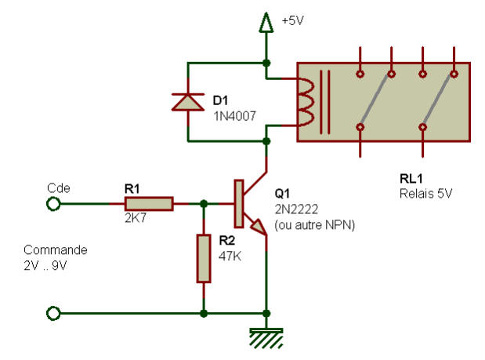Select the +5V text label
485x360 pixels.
click(292, 20)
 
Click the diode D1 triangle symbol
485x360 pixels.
click(188, 102)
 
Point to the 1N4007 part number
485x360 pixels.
click(235, 116)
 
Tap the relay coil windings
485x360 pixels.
click(306, 102)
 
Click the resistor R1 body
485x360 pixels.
click(149, 204)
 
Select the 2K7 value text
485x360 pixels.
click(136, 218)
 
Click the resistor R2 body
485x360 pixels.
click(204, 259)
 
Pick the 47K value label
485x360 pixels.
click(230, 256)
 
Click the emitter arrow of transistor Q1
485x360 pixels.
click(259, 227)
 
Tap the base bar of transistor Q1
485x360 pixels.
click(239, 204)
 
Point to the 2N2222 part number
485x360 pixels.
click(296, 209)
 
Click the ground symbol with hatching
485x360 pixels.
click(266, 338)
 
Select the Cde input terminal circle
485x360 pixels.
click(53, 204)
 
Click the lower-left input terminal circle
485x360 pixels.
click(53, 313)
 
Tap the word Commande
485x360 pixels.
click(56, 249)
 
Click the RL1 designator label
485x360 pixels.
click(411, 179)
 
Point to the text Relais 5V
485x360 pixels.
click(426, 194)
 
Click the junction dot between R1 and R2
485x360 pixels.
click(204, 204)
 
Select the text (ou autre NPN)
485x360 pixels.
click(314, 225)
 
